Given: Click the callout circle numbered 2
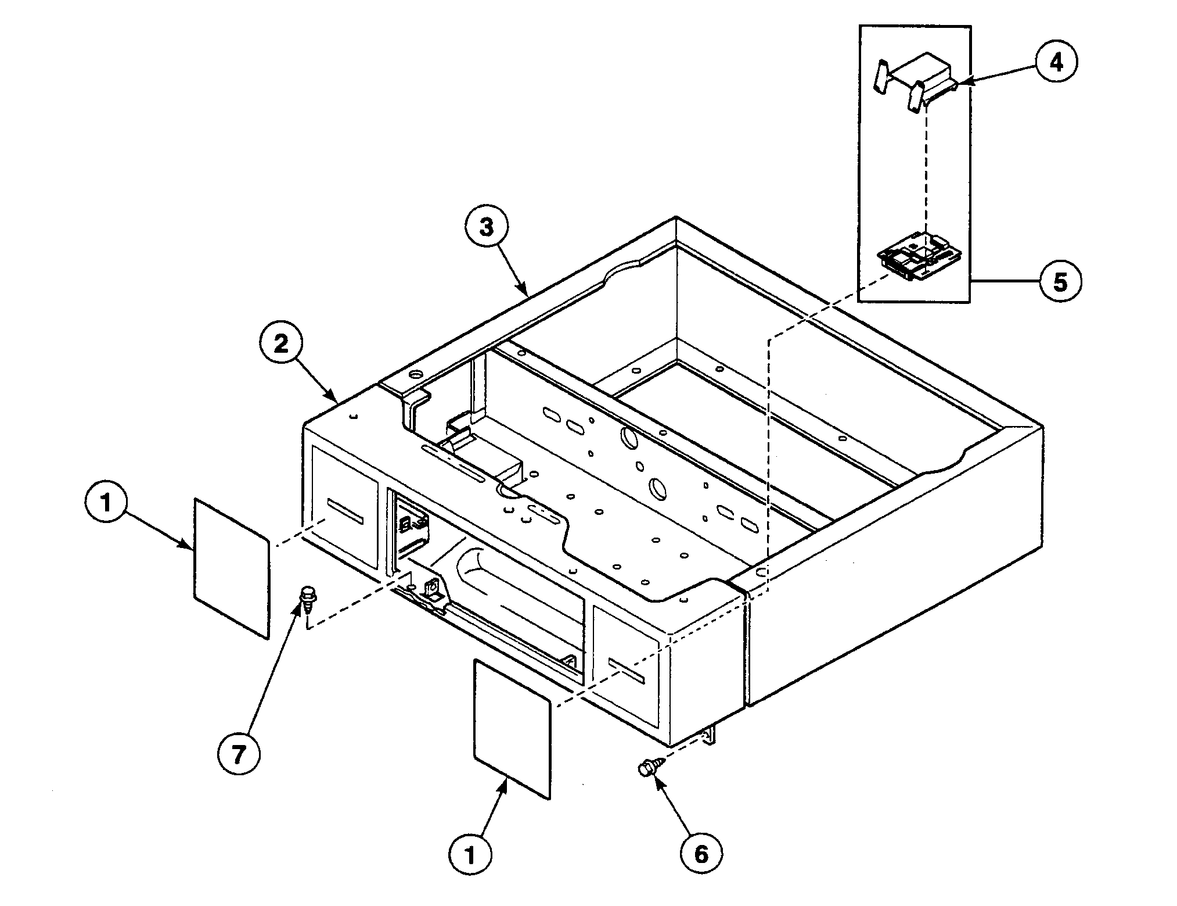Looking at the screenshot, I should click(x=281, y=345).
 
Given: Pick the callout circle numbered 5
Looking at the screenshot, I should click(x=1060, y=282).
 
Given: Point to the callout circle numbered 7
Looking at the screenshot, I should click(x=239, y=754).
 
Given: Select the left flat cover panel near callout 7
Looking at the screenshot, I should click(x=232, y=568).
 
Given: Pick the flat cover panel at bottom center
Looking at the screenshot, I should click(x=512, y=728).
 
